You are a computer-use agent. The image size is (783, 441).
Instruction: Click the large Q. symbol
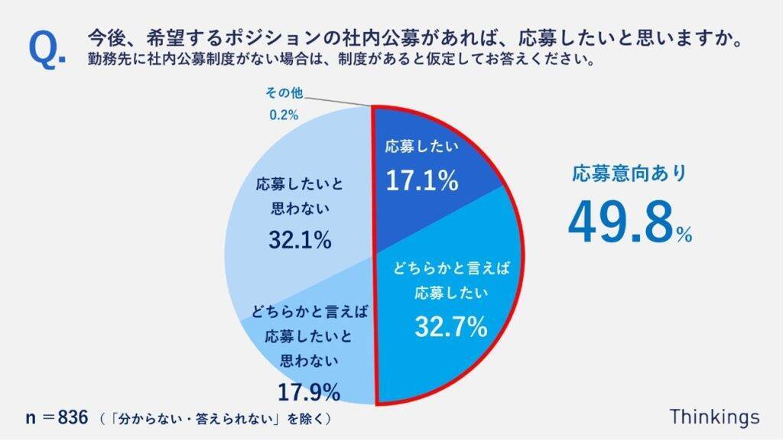coord(47,47)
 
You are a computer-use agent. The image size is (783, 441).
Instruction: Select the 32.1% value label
coord(300,240)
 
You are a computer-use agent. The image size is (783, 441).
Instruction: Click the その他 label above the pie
coord(284,93)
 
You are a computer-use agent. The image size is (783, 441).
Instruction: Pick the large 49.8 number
coord(620,221)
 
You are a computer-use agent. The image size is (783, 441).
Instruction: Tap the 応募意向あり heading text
coord(629,173)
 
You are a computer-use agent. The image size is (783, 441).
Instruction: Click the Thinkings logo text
coord(714,417)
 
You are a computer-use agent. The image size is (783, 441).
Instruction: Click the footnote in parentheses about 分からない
coord(217,418)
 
